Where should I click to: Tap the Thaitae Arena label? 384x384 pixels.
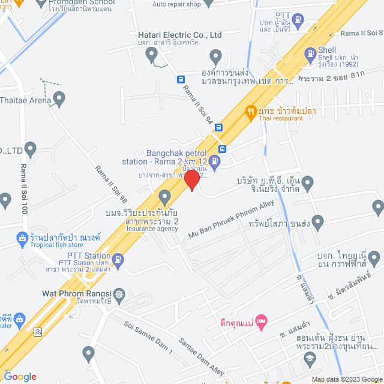pos(24,101)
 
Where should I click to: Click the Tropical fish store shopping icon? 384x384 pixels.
pos(22,239)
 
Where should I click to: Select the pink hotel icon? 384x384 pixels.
pos(260,322)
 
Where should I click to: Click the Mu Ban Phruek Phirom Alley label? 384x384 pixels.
pos(230,221)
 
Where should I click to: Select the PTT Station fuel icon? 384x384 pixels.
pos(119,259)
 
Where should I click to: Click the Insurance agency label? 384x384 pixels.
pos(152,229)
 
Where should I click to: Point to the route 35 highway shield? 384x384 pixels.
pos(38,331)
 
